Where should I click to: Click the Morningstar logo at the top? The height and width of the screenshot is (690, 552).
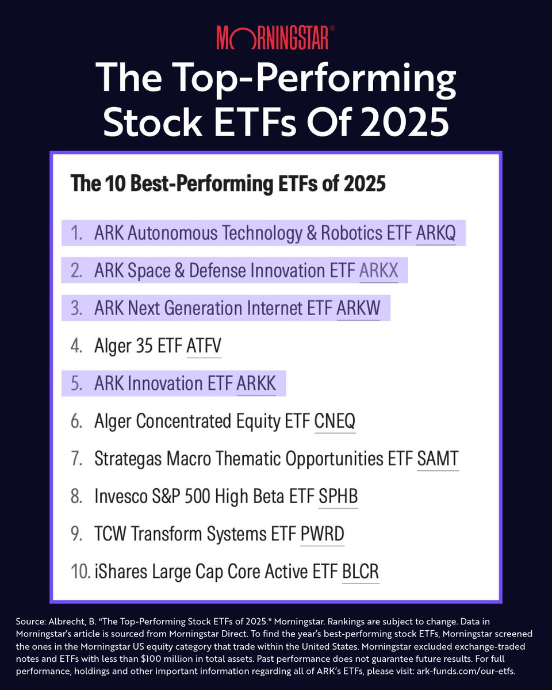pos(275,37)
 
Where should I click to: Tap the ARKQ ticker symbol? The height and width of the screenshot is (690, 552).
pos(436,233)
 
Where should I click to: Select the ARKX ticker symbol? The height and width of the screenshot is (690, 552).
pos(379,270)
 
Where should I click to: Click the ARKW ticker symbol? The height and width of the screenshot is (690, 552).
pos(358,308)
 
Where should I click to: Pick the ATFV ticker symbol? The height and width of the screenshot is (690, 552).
pos(204,346)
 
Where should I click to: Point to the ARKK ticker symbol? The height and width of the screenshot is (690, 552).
pos(256,383)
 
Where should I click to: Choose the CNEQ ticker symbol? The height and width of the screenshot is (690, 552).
pos(335,421)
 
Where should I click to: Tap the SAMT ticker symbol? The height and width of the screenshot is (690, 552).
pos(438,458)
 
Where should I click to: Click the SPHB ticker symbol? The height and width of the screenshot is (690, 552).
pos(338,496)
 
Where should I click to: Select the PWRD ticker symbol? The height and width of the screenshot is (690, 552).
pos(323,534)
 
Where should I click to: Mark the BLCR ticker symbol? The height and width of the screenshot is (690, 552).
pos(361,572)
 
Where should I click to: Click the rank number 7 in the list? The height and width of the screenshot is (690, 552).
pos(76,458)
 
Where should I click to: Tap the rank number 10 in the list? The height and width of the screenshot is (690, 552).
pos(80,572)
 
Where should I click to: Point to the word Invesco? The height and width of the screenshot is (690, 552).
pos(121,496)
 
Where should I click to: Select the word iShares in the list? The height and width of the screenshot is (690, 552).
pos(121,572)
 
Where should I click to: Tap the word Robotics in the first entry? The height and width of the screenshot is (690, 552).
pos(352,233)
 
